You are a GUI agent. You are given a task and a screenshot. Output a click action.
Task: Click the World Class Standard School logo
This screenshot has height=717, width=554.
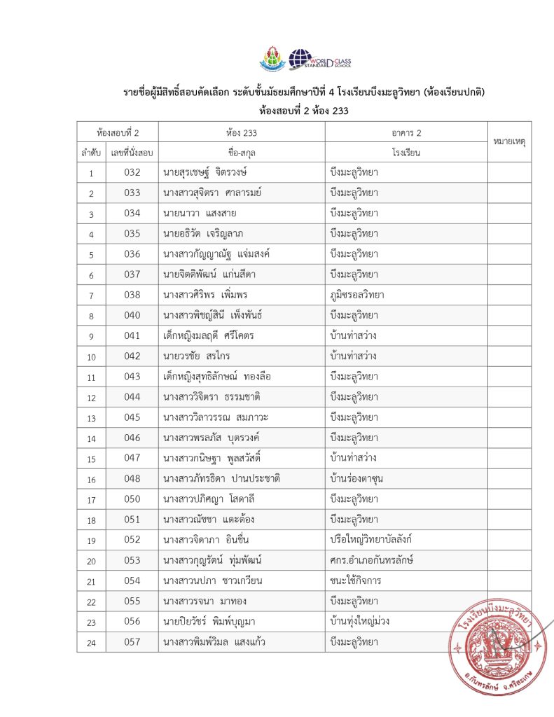(320, 60)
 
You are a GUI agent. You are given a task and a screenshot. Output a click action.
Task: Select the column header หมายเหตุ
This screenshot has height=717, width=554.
(509, 142)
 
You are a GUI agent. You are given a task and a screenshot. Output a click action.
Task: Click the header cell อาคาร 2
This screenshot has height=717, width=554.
(406, 132)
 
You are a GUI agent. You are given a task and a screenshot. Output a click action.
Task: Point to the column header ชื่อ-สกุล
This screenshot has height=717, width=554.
(241, 152)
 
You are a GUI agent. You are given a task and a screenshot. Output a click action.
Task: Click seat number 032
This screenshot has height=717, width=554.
(132, 172)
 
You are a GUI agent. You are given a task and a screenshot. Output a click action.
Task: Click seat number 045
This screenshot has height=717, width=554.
(132, 418)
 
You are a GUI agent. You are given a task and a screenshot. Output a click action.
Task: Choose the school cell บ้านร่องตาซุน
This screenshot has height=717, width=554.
(361, 479)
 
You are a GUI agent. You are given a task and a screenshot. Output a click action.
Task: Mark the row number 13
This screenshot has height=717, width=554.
(91, 419)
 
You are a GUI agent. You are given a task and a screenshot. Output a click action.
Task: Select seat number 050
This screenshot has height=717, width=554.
(132, 499)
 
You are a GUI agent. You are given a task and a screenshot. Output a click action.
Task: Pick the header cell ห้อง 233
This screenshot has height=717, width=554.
(241, 132)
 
